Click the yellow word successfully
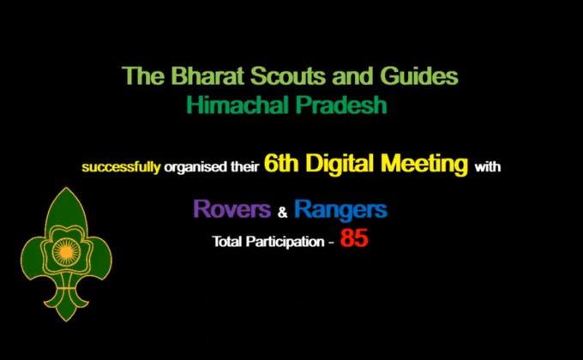click(120, 166)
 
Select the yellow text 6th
click(281, 165)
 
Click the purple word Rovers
click(233, 208)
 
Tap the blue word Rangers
click(340, 208)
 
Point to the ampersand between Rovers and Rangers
click(283, 211)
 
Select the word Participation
click(282, 242)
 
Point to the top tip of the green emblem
click(67, 189)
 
